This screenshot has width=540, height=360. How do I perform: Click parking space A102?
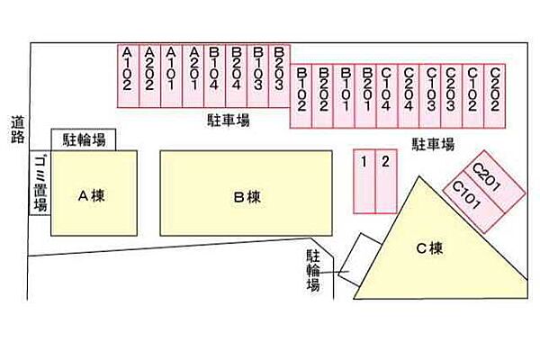coord(128,76)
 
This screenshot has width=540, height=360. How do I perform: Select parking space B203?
coord(279,76)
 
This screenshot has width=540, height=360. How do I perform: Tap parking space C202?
coord(495,96)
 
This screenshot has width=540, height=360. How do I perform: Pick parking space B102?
coord(301,96)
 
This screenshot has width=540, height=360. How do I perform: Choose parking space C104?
coord(387,96)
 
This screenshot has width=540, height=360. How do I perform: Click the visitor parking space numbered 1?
coord(364,182)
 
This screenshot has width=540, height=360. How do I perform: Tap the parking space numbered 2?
coord(386,182)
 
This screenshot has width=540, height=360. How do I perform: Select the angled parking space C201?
coord(494,182)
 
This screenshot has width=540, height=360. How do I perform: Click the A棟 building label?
coord(91,196)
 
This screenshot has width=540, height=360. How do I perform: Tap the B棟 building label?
coord(247,197)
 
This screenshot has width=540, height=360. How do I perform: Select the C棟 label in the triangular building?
coord(429,248)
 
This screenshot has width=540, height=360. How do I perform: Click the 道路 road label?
coord(18,130)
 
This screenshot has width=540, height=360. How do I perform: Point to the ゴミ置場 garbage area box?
coord(40,183)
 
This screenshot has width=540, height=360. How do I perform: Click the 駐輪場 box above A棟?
coord(84,139)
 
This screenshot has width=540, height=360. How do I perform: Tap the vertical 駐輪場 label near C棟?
coord(313,271)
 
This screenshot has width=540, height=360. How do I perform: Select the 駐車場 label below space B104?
coord(228,121)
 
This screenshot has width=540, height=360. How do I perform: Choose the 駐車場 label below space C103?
coord(433,144)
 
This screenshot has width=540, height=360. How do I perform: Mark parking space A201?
coord(193,76)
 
